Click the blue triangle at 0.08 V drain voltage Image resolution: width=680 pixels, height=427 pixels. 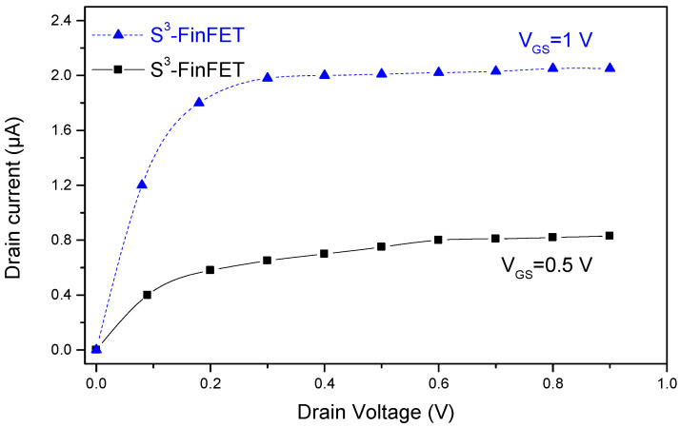142,184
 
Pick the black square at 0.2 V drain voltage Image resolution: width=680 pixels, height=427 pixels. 210,270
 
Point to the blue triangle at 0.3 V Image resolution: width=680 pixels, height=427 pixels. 268,77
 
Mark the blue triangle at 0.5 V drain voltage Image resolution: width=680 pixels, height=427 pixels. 381,73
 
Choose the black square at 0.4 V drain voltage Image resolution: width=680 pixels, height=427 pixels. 325,254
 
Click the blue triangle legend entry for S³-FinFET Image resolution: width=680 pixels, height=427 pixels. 118,34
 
